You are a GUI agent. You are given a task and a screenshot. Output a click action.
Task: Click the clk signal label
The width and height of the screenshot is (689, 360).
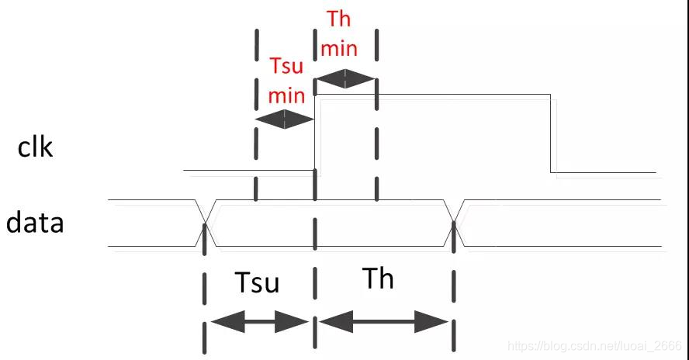pyautogui.click(x=36, y=145)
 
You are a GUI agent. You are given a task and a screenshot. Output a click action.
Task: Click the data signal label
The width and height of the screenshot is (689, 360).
pyautogui.click(x=35, y=223)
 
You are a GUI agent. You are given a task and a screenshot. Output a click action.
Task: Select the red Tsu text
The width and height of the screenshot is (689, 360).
pyautogui.click(x=286, y=66)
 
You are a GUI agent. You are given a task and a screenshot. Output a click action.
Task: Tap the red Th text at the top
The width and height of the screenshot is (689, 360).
pyautogui.click(x=339, y=19)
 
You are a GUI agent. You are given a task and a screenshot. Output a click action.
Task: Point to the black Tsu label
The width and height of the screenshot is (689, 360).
pyautogui.click(x=257, y=282)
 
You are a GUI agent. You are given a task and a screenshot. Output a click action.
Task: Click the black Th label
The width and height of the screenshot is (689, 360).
pyautogui.click(x=378, y=278)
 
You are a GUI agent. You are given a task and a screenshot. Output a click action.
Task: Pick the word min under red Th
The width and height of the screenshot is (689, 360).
pyautogui.click(x=339, y=48)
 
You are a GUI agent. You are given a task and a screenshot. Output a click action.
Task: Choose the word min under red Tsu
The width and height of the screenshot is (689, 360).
pyautogui.click(x=286, y=95)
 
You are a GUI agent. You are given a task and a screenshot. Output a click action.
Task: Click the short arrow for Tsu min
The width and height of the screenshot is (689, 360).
pyautogui.click(x=285, y=119)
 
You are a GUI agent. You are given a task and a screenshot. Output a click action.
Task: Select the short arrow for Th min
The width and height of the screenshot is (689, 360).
pyautogui.click(x=344, y=78)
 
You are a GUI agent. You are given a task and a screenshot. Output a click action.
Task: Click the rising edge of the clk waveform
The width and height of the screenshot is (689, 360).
pyautogui.click(x=314, y=132)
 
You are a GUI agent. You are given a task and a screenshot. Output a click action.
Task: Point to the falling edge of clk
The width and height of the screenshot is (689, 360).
pyautogui.click(x=551, y=133)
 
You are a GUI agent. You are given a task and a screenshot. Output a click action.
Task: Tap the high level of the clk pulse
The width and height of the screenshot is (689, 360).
pyautogui.click(x=435, y=95)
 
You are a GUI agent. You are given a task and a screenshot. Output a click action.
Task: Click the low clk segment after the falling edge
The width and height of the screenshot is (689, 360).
pyautogui.click(x=604, y=172)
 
